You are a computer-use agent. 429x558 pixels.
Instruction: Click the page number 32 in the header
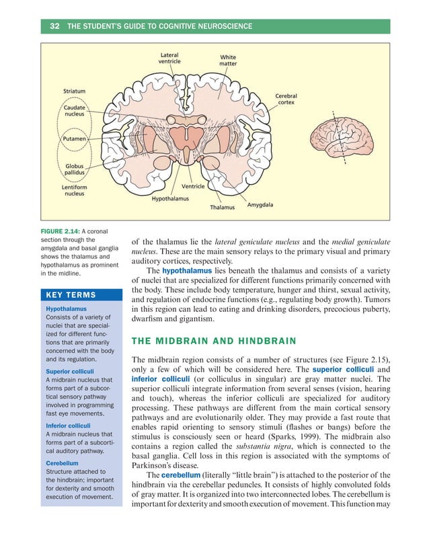pos(55,26)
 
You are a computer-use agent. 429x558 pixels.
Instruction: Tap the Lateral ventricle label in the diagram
pos(169,58)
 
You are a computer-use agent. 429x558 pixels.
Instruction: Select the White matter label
pos(229,61)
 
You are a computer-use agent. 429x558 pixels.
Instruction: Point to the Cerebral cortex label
pos(286,99)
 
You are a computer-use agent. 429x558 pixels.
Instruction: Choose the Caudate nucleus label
pos(75,111)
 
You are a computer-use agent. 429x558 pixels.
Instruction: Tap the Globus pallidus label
pos(75,169)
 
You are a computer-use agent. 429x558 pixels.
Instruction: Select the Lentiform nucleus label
pos(75,190)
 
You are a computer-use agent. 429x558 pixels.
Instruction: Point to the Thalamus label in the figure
pos(223,207)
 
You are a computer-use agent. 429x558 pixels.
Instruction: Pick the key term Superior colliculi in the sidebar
pos(69,370)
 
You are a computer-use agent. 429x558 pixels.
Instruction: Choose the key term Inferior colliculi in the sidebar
pos(67,426)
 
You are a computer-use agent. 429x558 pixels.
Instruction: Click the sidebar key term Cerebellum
pos(62,463)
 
